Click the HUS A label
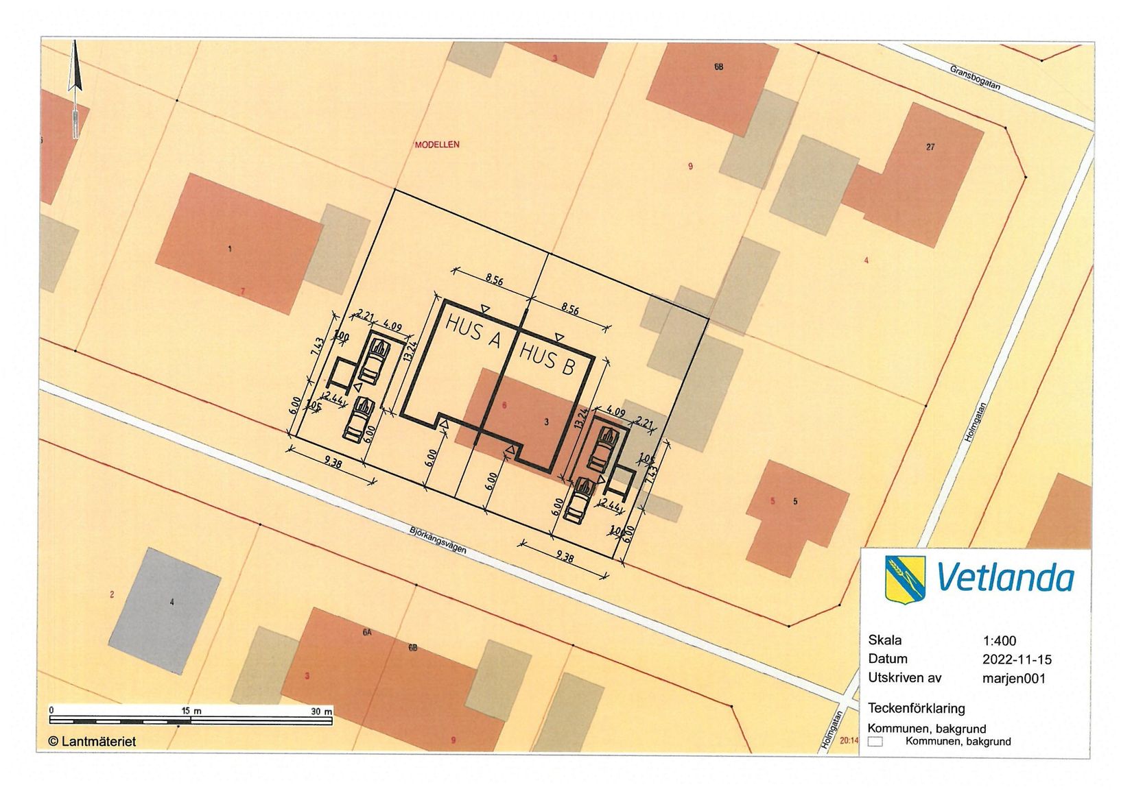(x=473, y=332)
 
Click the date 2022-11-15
(x=1017, y=659)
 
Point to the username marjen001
(x=1013, y=678)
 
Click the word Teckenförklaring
(x=916, y=707)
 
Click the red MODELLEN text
(x=437, y=145)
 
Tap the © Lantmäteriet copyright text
(x=92, y=741)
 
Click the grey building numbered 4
(x=165, y=610)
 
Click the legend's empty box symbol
(x=875, y=741)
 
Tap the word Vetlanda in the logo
(x=1004, y=578)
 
